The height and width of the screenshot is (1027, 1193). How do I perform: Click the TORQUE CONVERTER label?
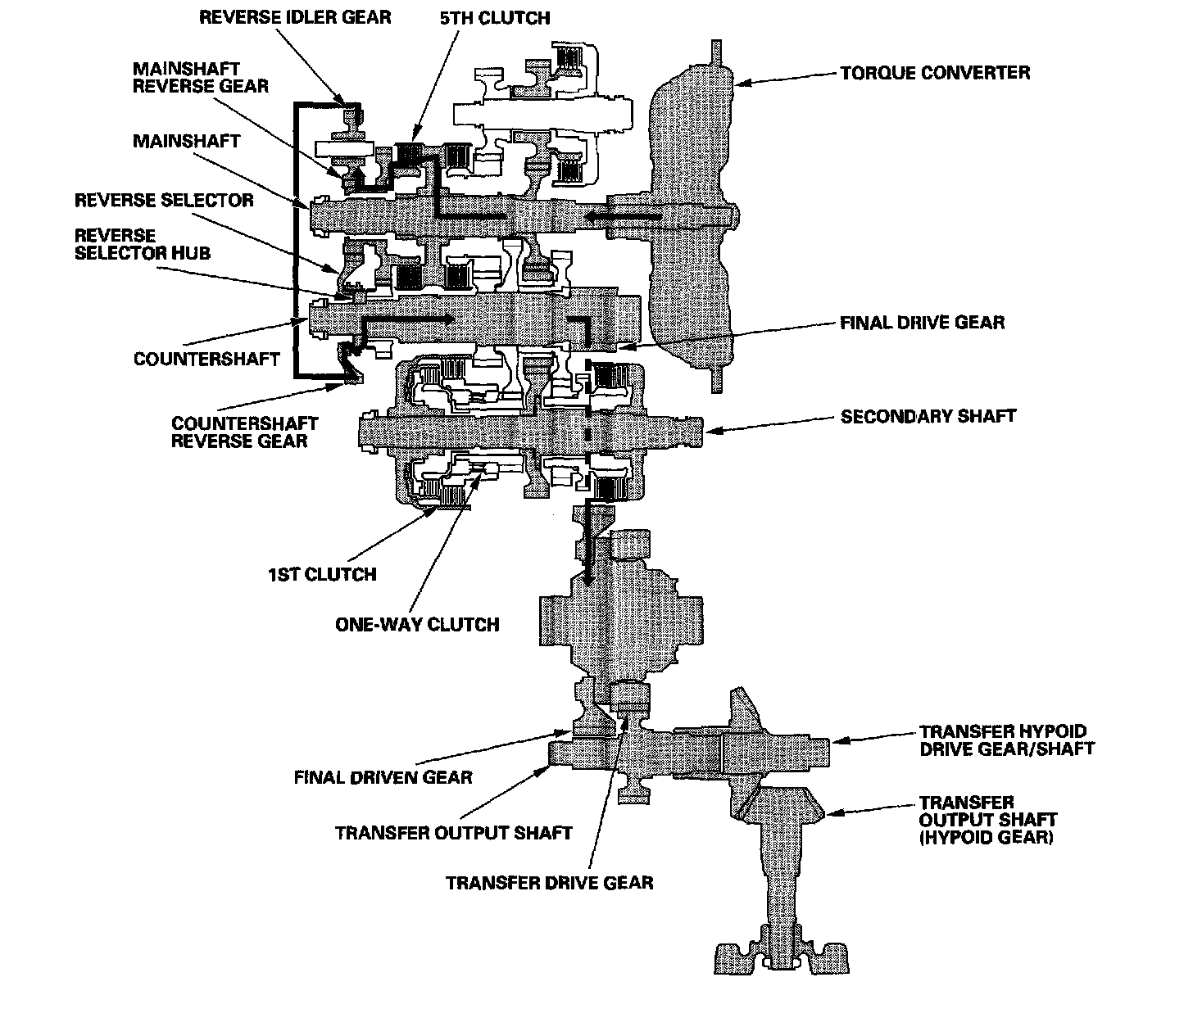[x=934, y=73]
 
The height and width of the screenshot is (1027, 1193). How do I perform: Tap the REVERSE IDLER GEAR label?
[x=295, y=17]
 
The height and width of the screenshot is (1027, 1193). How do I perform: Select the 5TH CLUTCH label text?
[x=495, y=18]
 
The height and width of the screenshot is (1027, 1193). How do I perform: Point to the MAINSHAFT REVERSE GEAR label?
[x=200, y=77]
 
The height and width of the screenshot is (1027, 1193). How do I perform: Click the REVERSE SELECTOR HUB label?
[x=143, y=244]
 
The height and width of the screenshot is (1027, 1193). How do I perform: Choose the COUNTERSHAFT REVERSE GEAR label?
[x=245, y=432]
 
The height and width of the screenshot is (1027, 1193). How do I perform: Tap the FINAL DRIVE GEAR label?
[x=922, y=323]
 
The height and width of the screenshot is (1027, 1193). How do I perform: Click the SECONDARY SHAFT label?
[x=928, y=417]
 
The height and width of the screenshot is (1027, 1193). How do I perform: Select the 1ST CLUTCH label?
[x=322, y=575]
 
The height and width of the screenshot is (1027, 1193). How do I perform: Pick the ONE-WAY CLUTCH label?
[x=417, y=625]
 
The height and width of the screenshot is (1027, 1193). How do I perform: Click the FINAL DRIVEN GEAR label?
[x=383, y=778]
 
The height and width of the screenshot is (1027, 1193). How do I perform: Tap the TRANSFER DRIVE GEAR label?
[x=549, y=884]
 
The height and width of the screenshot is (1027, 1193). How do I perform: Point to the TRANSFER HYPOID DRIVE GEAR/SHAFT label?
[x=1006, y=740]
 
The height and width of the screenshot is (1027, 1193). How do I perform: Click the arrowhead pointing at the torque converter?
[x=742, y=83]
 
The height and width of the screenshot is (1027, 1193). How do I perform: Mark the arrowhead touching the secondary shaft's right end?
[x=712, y=431]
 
